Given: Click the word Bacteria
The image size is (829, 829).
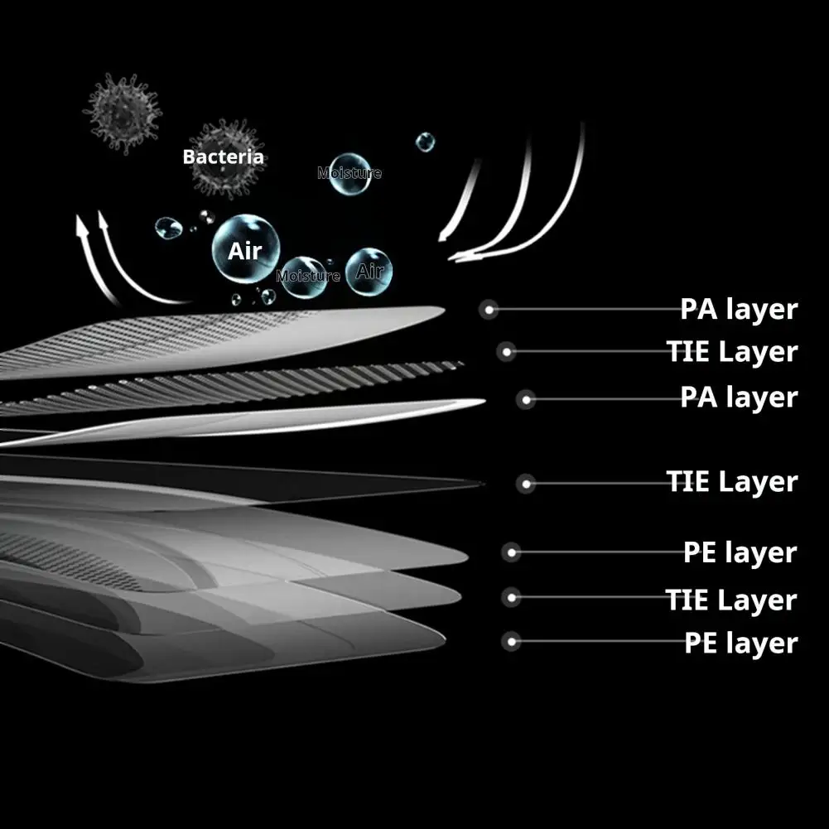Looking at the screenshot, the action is [223, 157].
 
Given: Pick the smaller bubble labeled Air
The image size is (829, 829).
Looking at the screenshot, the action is [369, 271].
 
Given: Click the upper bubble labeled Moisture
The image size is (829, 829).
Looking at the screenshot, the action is [349, 173].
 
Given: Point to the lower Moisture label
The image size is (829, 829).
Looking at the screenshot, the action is [308, 276].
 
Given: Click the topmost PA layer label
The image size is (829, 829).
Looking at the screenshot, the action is [738, 310].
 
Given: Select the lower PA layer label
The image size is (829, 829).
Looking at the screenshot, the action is [738, 397].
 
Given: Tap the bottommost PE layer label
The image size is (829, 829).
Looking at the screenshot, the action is [740, 643].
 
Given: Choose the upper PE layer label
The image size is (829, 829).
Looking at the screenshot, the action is [740, 552].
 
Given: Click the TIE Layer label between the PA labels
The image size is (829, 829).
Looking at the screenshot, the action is [732, 352].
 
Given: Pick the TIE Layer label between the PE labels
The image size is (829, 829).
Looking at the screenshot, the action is [731, 600].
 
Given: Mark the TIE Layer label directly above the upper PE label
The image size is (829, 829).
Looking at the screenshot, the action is [731, 481].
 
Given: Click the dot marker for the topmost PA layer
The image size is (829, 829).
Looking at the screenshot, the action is [489, 310].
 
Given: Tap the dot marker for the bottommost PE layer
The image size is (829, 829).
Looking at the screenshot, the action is [512, 641].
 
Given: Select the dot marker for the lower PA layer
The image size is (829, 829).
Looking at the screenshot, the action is [525, 400].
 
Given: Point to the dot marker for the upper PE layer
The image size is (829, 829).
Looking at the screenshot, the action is [512, 552].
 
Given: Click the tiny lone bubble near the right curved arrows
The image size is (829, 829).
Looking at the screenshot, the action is [425, 142].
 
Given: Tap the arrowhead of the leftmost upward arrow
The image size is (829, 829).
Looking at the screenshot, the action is [82, 224].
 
